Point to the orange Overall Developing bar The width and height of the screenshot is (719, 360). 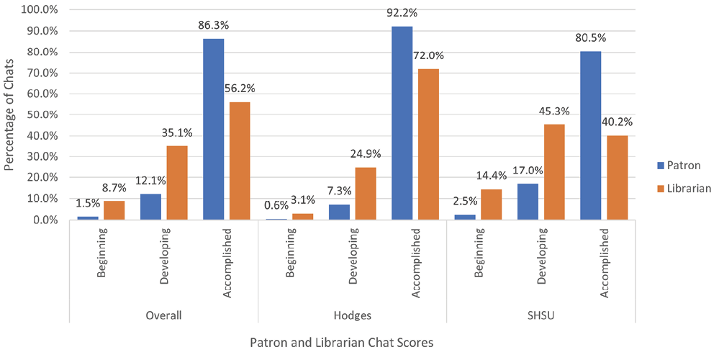177,183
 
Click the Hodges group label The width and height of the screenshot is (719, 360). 352,315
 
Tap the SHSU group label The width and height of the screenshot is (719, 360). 541,315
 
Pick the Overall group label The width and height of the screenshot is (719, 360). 163,315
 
